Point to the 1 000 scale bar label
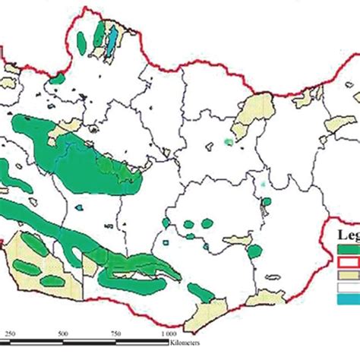pos(169,335)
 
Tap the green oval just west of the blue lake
pos(97,34)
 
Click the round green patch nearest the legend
pos(256,250)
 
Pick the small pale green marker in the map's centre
pos(228,142)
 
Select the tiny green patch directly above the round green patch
pos(265,202)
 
